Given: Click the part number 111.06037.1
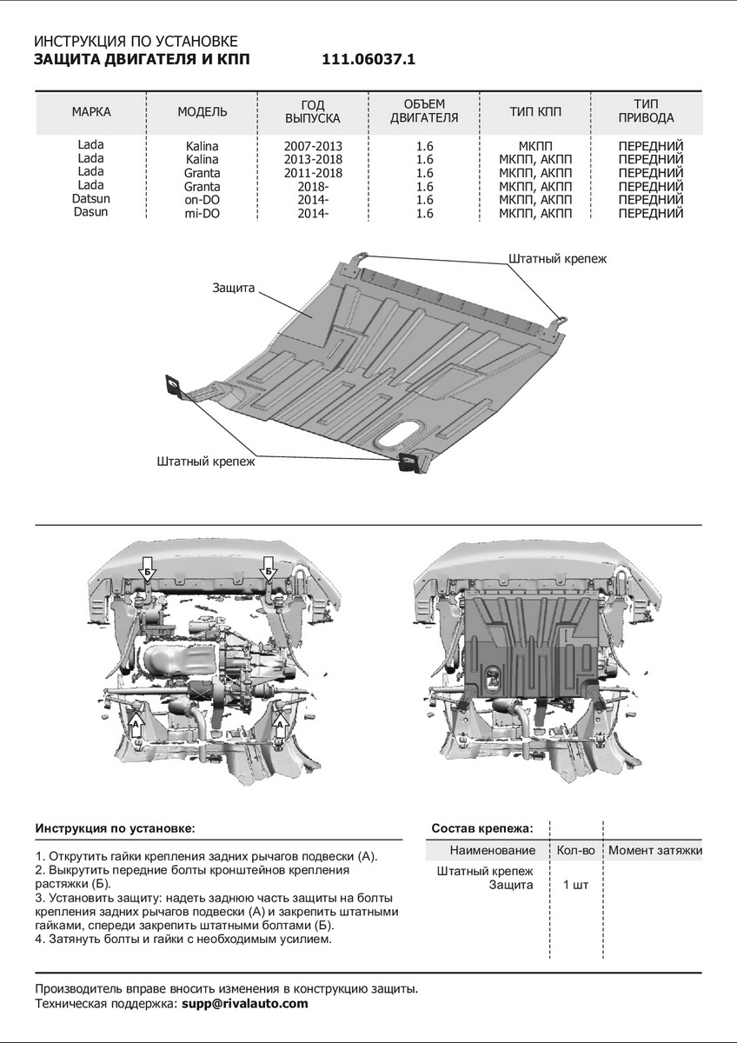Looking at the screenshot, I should [x=369, y=59].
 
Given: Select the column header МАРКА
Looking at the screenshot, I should [x=91, y=112].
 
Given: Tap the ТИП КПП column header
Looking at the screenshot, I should [x=535, y=112].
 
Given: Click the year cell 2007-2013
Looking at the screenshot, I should [x=313, y=146].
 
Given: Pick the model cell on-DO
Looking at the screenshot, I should [x=202, y=199].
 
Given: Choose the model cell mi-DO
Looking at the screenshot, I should [x=202, y=213].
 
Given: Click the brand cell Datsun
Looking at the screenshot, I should [x=90, y=198].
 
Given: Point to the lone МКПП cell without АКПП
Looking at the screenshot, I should [x=535, y=146].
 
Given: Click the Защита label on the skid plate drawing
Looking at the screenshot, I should [x=232, y=286].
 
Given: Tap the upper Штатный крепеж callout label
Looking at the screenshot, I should [x=557, y=258].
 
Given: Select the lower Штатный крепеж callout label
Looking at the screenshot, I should [x=207, y=462].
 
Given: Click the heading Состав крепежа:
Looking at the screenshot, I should [x=482, y=827].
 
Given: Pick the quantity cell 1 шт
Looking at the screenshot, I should [x=575, y=885].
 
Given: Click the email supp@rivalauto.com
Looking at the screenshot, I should [x=245, y=1003].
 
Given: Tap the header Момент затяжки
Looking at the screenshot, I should [x=655, y=850].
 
